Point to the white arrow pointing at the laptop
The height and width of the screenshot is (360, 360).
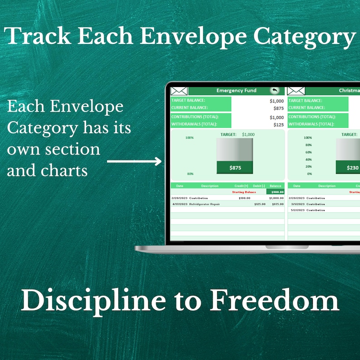(x=134, y=161)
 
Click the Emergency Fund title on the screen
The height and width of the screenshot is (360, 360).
(x=236, y=91)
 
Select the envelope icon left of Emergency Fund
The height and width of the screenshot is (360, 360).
(x=179, y=91)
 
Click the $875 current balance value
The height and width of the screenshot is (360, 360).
(x=278, y=108)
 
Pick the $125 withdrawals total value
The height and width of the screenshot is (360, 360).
(x=278, y=124)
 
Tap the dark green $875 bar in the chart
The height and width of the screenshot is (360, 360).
(x=235, y=168)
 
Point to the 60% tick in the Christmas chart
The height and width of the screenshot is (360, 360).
(x=308, y=152)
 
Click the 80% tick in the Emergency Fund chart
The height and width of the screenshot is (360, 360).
(x=190, y=174)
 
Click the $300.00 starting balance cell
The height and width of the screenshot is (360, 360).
(x=275, y=192)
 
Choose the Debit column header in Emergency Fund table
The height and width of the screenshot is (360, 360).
(x=258, y=186)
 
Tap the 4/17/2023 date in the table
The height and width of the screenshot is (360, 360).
(x=180, y=204)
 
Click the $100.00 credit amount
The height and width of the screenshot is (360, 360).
(x=244, y=198)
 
